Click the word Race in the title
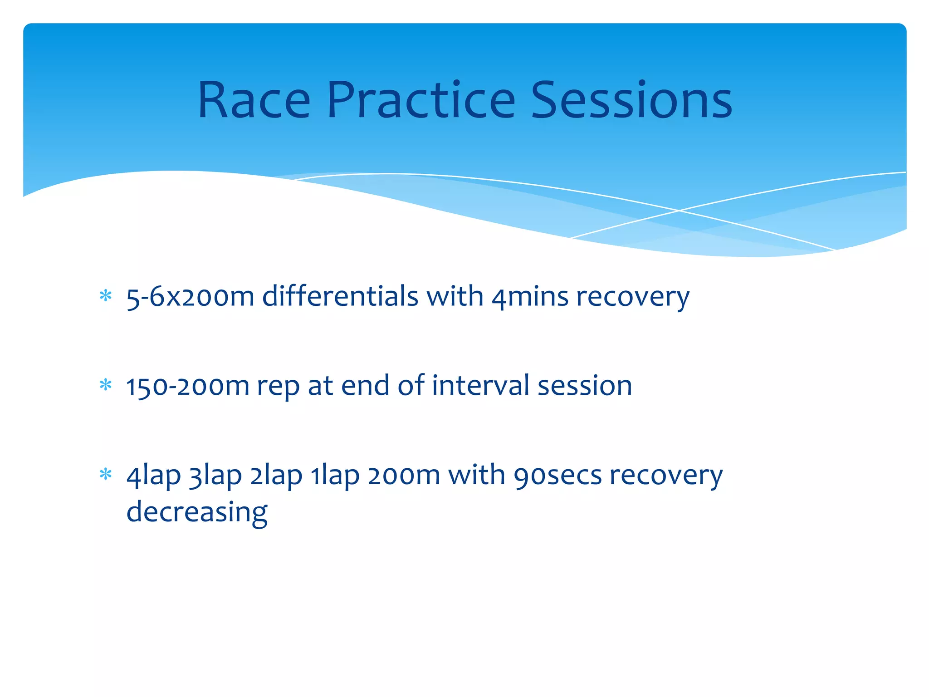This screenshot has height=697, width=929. point(254,101)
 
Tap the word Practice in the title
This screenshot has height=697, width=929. point(420,101)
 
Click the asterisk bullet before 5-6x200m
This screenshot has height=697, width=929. point(106,296)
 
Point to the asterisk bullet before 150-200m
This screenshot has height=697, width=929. point(106,385)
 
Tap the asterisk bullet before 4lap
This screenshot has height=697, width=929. point(106,475)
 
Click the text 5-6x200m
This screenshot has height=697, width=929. point(190,297)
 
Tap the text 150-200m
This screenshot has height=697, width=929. point(187,386)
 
